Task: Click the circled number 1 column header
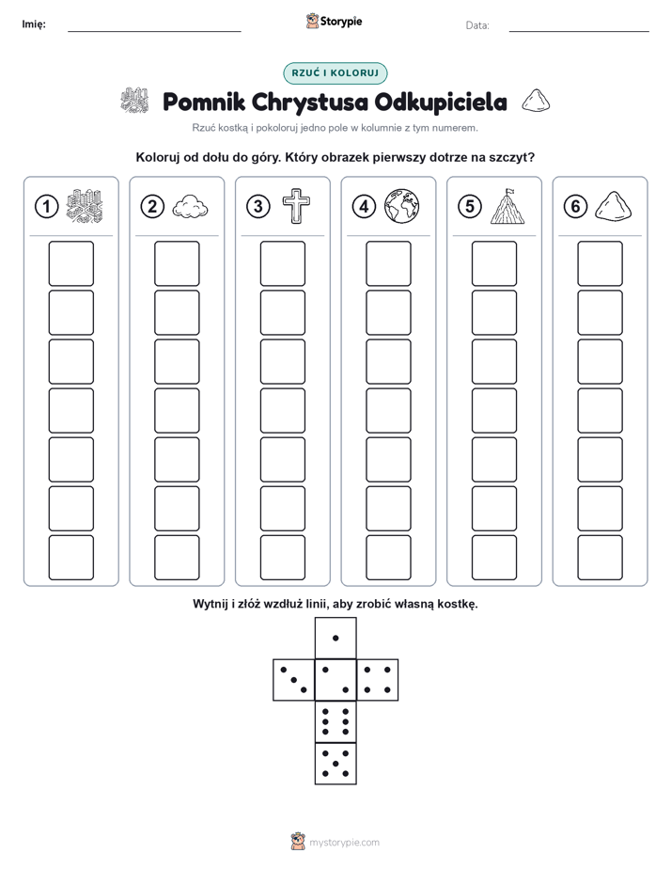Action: point(46,207)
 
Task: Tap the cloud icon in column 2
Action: point(190,207)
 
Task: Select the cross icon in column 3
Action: point(296,206)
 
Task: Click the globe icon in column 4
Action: point(402,207)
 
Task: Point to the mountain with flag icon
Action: point(507,206)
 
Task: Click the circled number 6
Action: point(575,207)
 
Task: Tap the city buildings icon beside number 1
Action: point(85,206)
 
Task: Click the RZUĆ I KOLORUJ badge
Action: point(335,73)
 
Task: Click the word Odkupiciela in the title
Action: point(441,102)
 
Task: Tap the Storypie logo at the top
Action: point(334,22)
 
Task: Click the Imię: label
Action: point(34,24)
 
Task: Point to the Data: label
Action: point(477,25)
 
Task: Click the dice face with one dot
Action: point(335,638)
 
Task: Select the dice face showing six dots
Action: point(335,721)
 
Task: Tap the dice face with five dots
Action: point(335,763)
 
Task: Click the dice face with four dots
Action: point(378,680)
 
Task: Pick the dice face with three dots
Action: point(294,680)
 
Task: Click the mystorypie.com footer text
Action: point(344,843)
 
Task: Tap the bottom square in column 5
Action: point(494,558)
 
